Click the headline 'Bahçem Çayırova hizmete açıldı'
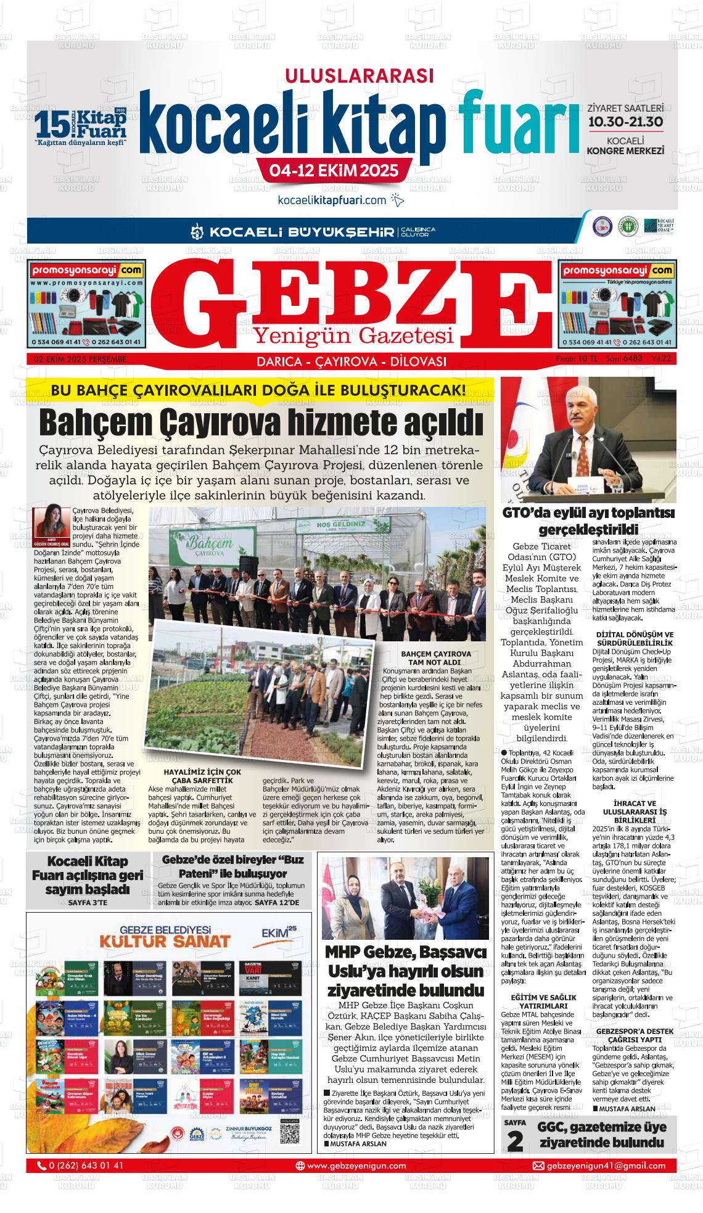260,422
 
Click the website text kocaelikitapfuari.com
332,200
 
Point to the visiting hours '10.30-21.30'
625,121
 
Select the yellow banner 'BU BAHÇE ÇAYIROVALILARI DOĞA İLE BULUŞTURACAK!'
259,390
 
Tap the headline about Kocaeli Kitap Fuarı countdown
87,874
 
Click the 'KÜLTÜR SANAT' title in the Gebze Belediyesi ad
165,941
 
